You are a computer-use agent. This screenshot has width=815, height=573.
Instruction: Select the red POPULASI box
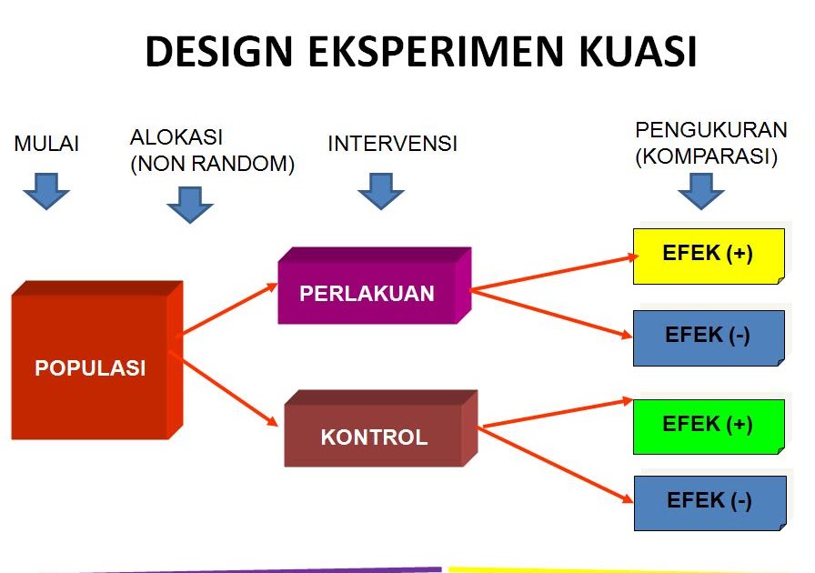(90, 367)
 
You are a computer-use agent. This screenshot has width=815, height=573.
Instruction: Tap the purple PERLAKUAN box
(367, 293)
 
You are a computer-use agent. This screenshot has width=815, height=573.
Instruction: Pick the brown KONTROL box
(373, 437)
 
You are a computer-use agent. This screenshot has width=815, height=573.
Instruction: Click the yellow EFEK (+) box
(708, 255)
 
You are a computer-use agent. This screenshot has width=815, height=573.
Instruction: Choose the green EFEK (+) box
(708, 425)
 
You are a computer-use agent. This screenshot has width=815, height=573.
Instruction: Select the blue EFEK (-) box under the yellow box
(708, 337)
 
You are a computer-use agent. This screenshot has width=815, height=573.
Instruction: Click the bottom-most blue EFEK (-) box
(708, 502)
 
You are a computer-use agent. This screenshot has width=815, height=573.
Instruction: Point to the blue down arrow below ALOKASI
(190, 205)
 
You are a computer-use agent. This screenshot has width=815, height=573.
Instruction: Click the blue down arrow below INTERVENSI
(381, 191)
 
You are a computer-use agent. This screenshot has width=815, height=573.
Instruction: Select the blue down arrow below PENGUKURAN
(701, 191)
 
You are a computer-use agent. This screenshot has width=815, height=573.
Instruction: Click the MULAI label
(46, 144)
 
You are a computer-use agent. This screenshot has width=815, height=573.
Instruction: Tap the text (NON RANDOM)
(213, 165)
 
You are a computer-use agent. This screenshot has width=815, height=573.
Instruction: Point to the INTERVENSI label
(392, 144)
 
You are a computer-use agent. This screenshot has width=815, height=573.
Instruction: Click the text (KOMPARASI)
(707, 156)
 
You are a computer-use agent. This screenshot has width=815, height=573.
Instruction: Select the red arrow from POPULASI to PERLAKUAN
(227, 309)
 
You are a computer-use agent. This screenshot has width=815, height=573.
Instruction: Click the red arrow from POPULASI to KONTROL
(227, 391)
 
